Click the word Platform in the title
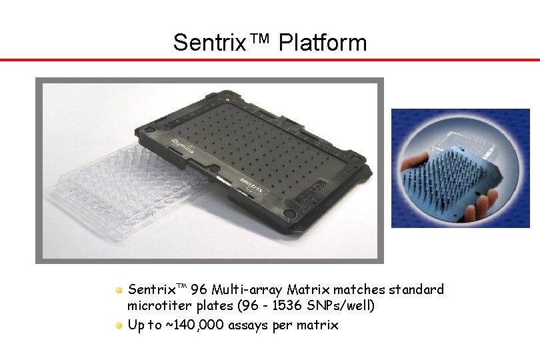coord(323,43)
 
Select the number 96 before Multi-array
coord(198,290)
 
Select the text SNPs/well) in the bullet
coord(343,307)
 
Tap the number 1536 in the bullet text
coord(293,307)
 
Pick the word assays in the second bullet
coord(247,325)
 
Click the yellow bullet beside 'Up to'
coord(118,325)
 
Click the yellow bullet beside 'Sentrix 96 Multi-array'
coord(118,291)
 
